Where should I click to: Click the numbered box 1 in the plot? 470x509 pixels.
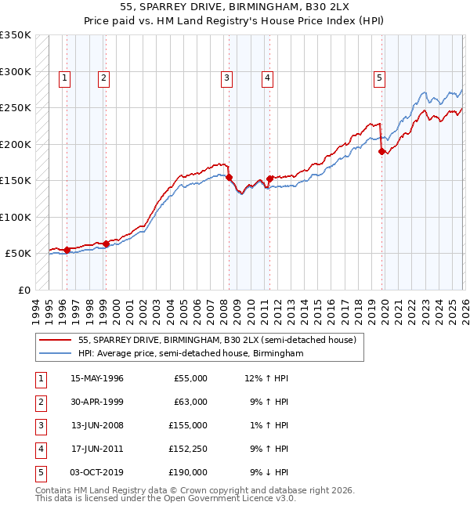coord(63,78)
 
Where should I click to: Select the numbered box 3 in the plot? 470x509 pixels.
coord(226,78)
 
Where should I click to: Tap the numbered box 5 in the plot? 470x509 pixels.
coord(379,78)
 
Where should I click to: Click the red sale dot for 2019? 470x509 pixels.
coord(382,152)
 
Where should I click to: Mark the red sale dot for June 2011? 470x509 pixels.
coord(269,179)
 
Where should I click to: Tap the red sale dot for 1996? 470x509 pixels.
coord(67,251)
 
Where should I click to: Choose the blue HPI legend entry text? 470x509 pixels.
coord(190,353)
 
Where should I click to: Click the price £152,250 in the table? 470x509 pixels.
coord(187,449)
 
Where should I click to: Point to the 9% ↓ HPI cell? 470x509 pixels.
coord(269,472)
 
